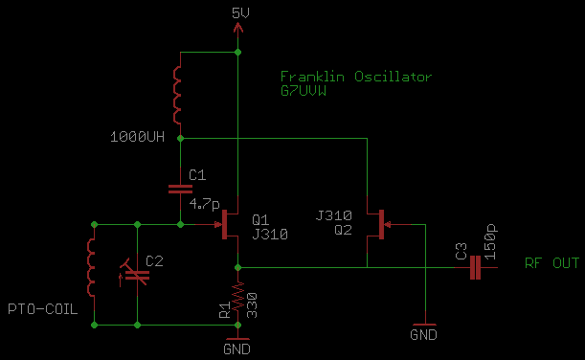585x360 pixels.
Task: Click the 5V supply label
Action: point(240,13)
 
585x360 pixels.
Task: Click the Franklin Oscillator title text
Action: point(355,77)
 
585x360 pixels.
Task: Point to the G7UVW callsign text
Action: point(304,91)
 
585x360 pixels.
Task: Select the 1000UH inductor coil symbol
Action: point(176,95)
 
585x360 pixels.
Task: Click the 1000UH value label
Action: point(137,137)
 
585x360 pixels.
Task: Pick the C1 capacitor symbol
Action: point(180,190)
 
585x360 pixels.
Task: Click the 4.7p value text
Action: point(205,204)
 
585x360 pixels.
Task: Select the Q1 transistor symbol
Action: point(228,224)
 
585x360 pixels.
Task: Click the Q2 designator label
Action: point(343,230)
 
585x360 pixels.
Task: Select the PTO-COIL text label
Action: point(43,309)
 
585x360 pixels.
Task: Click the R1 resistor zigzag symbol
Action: point(238,296)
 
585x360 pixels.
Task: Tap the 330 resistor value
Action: point(252,305)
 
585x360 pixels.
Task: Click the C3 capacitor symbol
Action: point(475,267)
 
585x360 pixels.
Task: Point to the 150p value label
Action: point(490,241)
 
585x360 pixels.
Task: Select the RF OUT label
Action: point(551,263)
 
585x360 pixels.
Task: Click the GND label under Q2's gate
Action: point(423,335)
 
